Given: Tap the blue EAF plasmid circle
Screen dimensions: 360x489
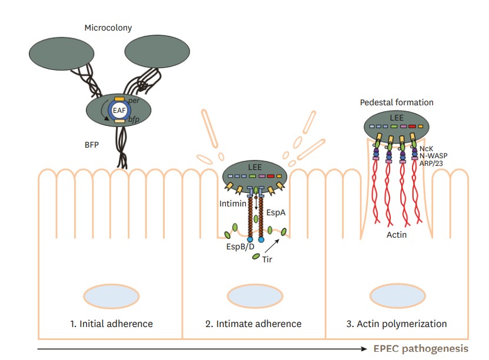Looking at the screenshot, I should click(x=119, y=109).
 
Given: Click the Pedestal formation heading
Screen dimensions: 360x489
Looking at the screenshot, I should click(x=396, y=102).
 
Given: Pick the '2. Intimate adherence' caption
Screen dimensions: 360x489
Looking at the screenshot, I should click(x=254, y=324).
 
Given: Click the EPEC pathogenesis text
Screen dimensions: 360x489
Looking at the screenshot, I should click(x=421, y=348).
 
